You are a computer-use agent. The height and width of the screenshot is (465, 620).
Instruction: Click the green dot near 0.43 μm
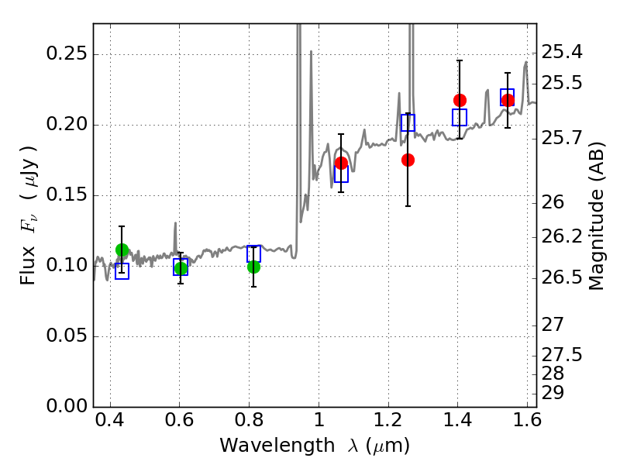[122, 250]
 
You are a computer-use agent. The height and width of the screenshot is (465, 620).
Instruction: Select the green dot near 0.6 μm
[181, 268]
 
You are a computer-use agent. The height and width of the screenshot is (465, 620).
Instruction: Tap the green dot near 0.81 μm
[254, 267]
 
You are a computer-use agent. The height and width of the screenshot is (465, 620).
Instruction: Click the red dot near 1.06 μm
[341, 163]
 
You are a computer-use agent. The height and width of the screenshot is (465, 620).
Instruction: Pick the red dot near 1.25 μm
[408, 160]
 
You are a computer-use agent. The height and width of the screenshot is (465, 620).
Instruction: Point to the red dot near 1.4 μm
[460, 101]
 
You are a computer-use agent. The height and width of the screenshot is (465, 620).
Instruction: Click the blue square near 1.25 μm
[408, 122]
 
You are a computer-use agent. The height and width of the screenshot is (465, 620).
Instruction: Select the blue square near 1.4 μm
[460, 118]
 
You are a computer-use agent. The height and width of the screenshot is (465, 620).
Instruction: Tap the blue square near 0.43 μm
[122, 271]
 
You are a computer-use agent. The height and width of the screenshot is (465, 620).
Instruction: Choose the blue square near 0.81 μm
[254, 254]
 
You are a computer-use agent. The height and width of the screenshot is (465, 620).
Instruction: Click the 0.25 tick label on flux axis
[67, 53]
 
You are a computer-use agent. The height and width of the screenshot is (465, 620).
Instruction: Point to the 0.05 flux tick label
[67, 336]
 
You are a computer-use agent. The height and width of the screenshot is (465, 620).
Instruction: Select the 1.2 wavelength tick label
[389, 420]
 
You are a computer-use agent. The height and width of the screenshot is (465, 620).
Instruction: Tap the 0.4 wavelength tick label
[110, 420]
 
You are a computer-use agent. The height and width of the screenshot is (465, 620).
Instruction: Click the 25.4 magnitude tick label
[562, 52]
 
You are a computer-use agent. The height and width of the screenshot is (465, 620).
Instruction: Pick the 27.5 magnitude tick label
[562, 355]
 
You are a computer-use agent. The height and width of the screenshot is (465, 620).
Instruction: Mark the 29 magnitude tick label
[553, 394]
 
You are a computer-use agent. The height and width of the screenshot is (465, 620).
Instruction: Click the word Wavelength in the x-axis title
[277, 446]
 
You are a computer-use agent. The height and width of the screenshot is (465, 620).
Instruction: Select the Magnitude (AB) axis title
[597, 216]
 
